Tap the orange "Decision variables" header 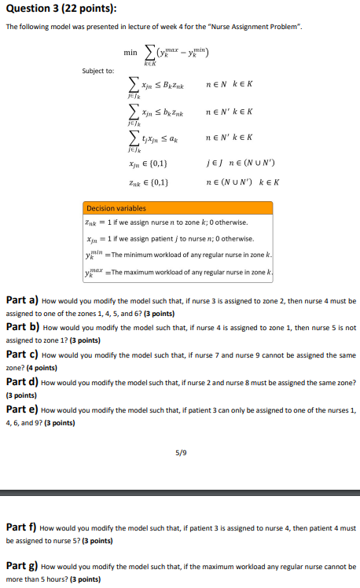pyautogui.click(x=116, y=208)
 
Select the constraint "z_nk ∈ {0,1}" pyautogui.click(x=153, y=182)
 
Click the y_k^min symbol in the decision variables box pyautogui.click(x=93, y=255)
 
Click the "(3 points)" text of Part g pyautogui.click(x=85, y=579)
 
